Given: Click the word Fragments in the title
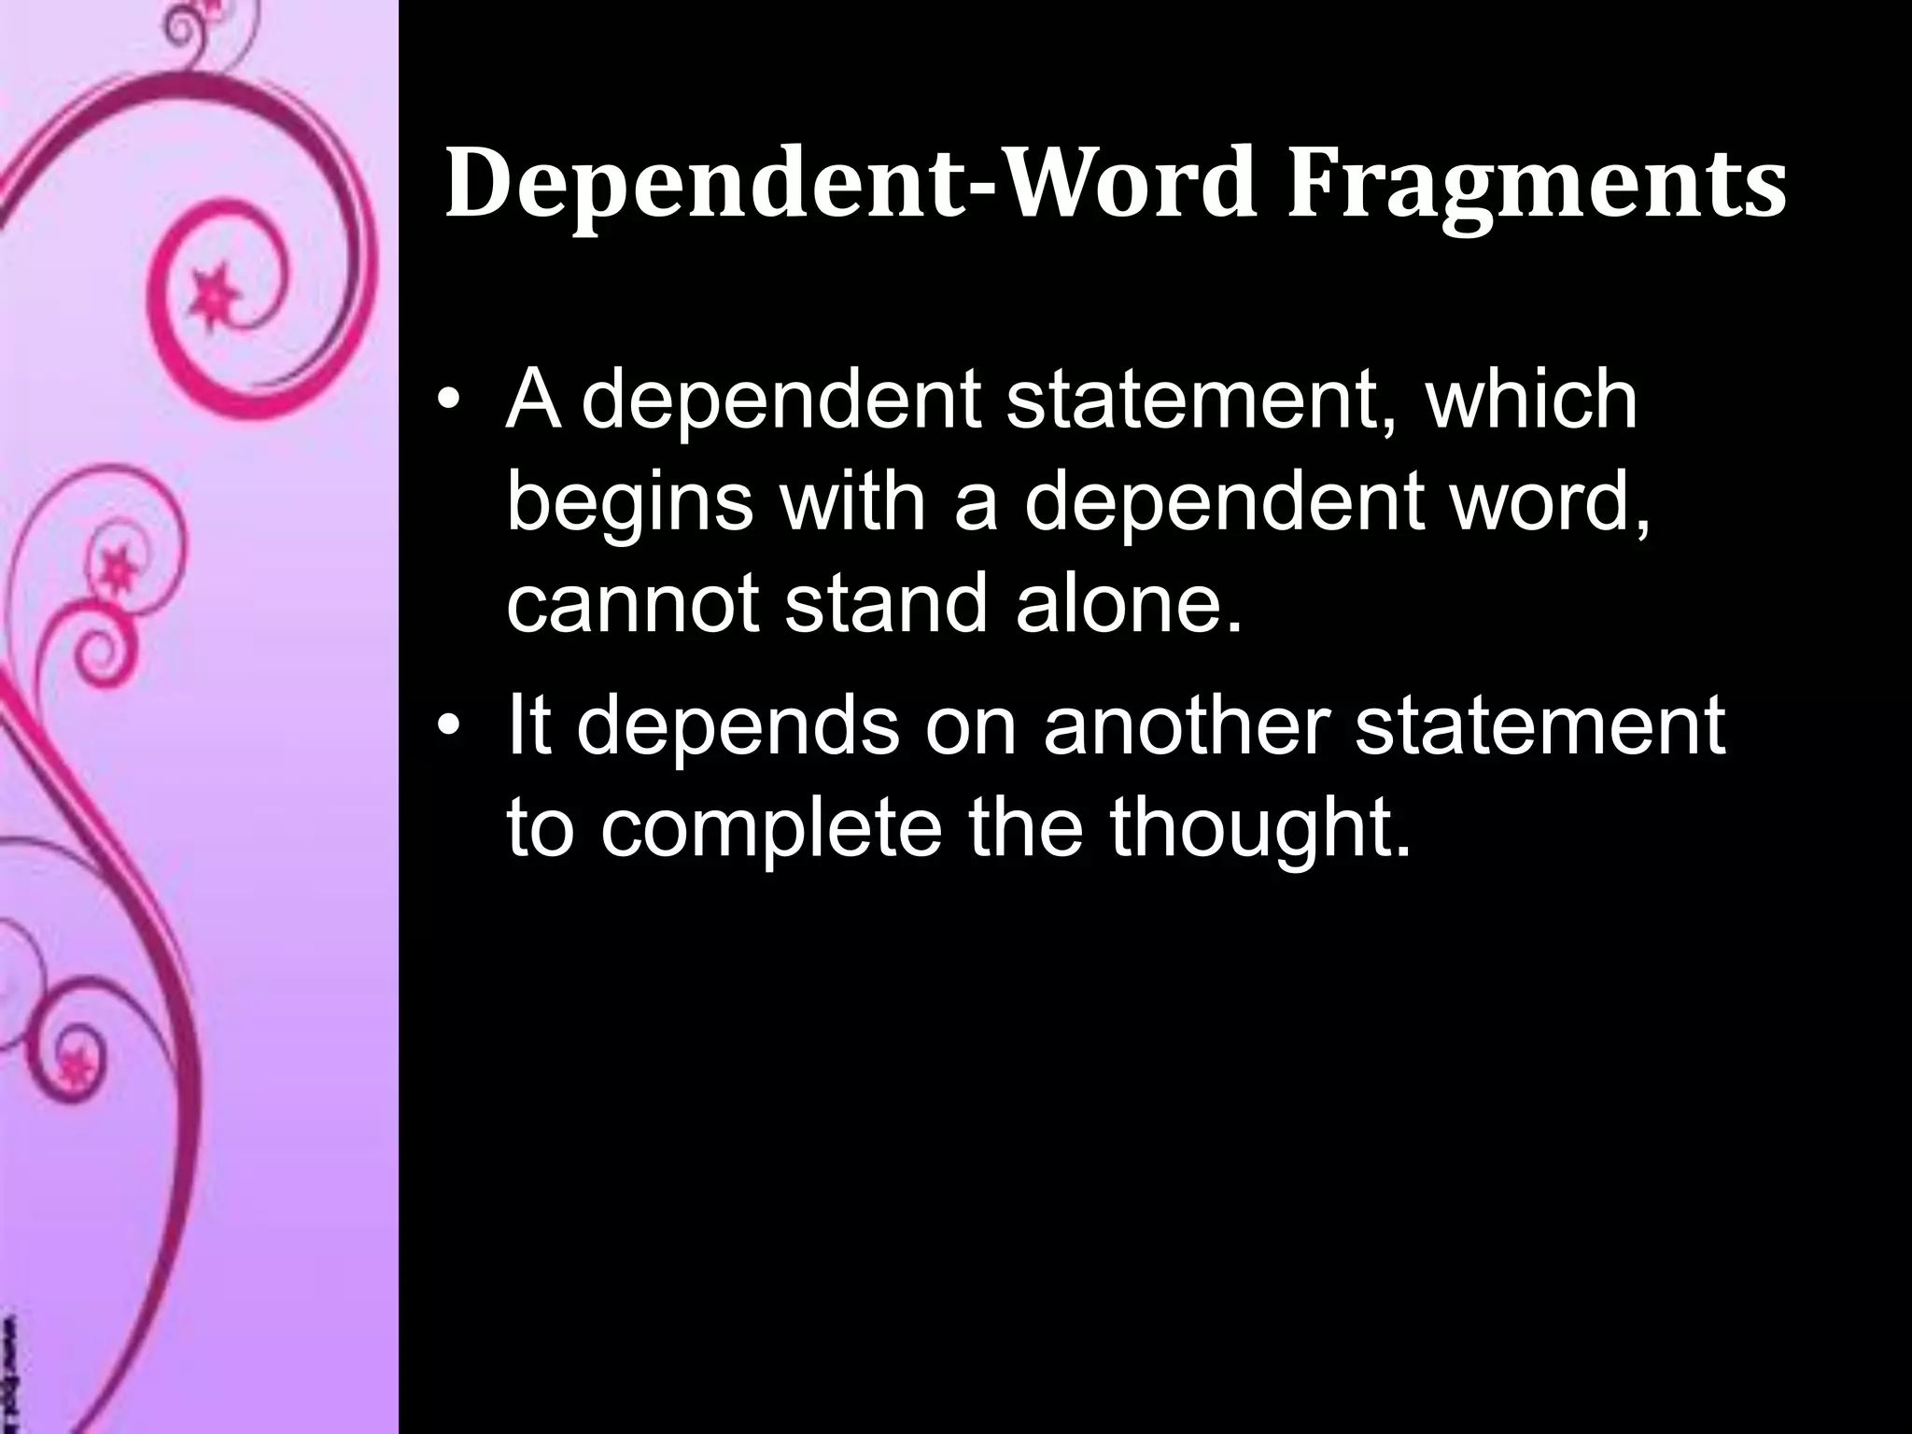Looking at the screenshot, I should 1537,187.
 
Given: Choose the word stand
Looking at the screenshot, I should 885,606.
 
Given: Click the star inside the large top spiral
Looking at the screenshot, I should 212,289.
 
